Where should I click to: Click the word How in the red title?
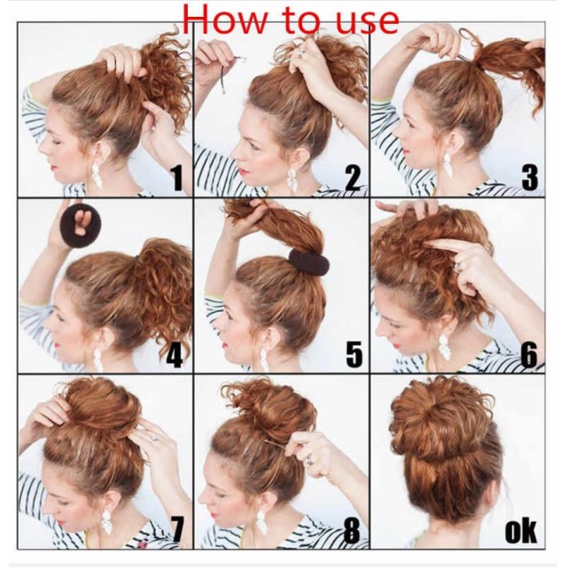point(224,19)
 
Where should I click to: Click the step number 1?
point(177,179)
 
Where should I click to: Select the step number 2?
point(353,178)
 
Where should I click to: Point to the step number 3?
point(530,178)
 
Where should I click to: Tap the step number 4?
point(174,355)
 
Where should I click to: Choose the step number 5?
point(354,354)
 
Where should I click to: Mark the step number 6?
point(529,355)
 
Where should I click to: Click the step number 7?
point(176,530)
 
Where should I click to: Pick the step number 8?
point(352,531)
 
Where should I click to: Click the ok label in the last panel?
point(521,532)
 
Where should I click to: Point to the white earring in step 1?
point(97,175)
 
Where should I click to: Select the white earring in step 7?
point(106,522)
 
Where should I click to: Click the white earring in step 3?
point(447,166)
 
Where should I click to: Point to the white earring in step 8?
point(261,522)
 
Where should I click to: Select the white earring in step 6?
point(444,347)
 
